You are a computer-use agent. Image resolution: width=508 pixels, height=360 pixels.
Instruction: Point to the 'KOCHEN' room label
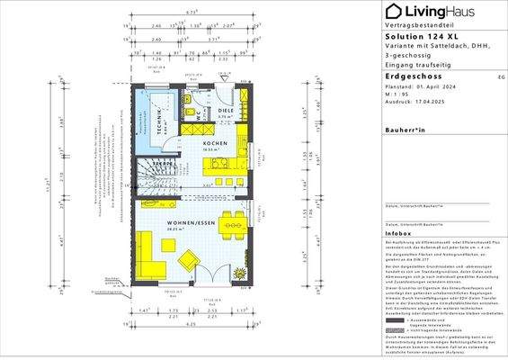[213, 144]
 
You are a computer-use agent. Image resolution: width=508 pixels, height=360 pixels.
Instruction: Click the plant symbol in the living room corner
[238, 271]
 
